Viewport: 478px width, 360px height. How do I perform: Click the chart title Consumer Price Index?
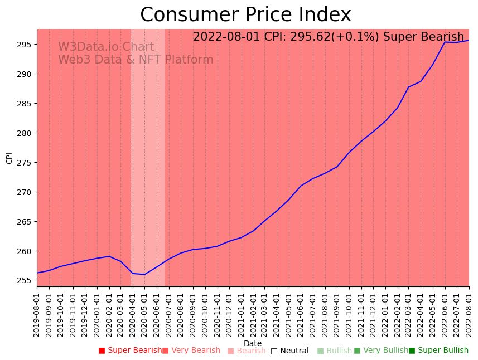pos(245,15)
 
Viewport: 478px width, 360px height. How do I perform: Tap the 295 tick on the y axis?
pos(26,45)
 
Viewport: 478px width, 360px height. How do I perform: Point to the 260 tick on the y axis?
pos(26,251)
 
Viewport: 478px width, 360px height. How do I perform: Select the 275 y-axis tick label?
pos(26,163)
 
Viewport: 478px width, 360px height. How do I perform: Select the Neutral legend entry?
pos(290,351)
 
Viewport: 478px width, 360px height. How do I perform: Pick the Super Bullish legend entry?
pos(439,351)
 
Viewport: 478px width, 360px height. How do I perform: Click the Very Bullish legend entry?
pos(382,351)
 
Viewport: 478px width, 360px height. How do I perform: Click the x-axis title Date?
pos(253,343)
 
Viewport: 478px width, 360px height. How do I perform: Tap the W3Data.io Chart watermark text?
pos(106,47)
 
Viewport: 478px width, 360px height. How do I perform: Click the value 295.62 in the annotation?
pos(320,37)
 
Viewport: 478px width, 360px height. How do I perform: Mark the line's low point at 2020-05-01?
pos(145,274)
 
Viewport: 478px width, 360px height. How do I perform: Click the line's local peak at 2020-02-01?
pos(109,256)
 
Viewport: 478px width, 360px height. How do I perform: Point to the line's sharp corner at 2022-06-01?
pos(445,42)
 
